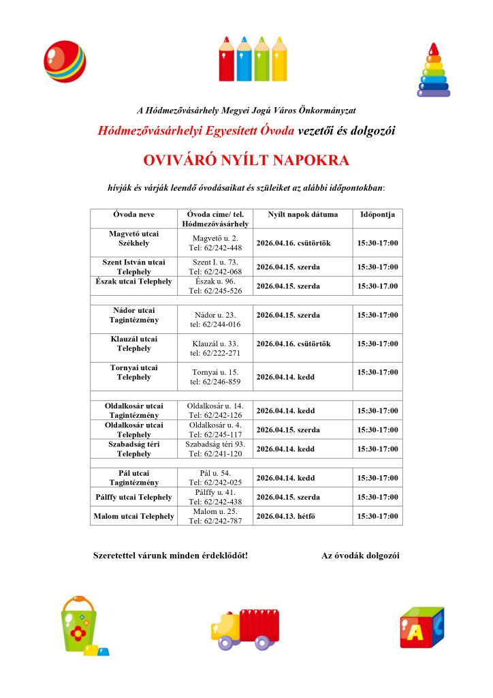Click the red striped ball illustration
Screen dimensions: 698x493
tap(65, 61)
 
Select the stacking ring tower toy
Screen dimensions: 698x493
tap(433, 71)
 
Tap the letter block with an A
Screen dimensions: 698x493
tap(420, 627)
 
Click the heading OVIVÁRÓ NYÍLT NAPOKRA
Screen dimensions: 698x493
tap(246, 161)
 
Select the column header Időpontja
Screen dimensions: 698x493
tap(377, 215)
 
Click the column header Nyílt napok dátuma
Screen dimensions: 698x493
tap(302, 215)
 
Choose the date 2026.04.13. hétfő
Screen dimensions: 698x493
tap(286, 516)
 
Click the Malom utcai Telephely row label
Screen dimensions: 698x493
tap(133, 516)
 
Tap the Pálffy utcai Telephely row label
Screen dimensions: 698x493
tap(133, 497)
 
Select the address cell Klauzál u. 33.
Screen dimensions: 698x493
tap(214, 344)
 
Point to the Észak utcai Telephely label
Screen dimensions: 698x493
tap(133, 282)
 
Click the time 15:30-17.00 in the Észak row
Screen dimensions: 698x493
tap(377, 286)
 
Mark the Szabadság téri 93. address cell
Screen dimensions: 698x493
tap(214, 444)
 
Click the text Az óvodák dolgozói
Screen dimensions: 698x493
tap(360, 556)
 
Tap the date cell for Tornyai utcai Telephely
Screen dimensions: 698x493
tap(286, 376)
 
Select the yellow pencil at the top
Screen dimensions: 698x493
tap(279, 60)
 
